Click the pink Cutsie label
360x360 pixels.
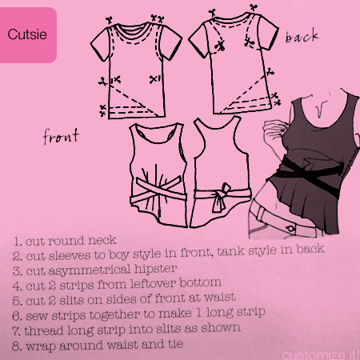tap(28, 35)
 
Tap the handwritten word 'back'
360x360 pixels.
tap(302, 36)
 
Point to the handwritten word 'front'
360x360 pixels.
tap(61, 136)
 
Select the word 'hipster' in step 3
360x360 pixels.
tap(155, 269)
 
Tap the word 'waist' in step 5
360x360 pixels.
tap(219, 298)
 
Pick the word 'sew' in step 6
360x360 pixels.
tap(37, 316)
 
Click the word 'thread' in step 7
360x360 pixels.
tap(44, 330)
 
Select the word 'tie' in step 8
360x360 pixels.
tap(175, 344)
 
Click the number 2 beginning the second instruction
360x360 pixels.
tap(16, 256)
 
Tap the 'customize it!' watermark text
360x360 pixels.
tap(320, 355)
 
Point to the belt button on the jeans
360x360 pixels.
tap(290, 229)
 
